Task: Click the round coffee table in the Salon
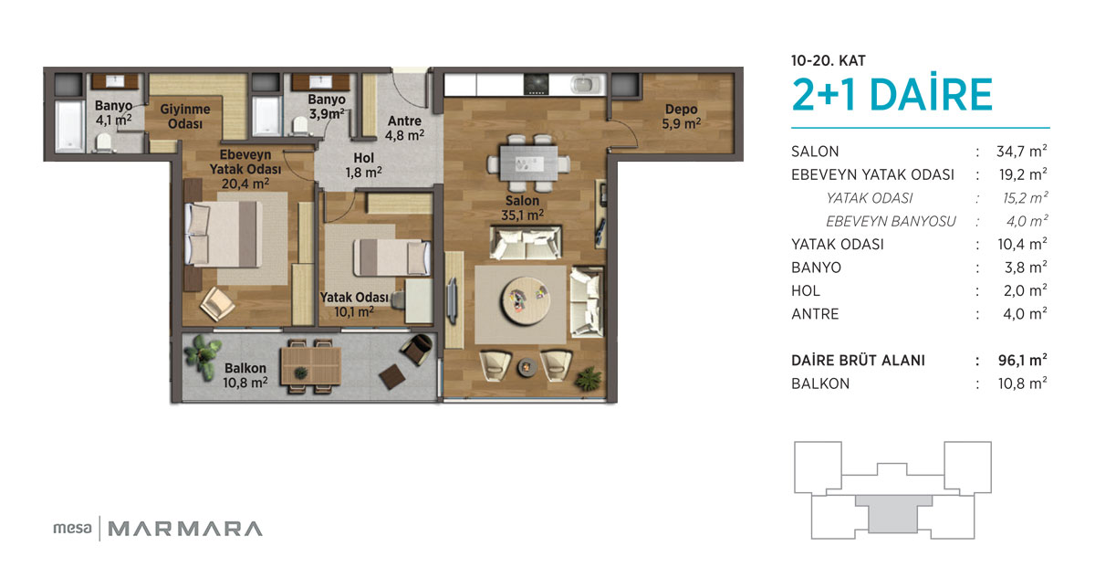pyautogui.click(x=526, y=300)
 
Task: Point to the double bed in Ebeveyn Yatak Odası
pyautogui.click(x=223, y=235)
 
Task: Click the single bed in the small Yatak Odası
pyautogui.click(x=391, y=257)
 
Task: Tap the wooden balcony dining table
pyautogui.click(x=311, y=366)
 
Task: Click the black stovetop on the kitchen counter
pyautogui.click(x=536, y=84)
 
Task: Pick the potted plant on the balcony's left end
pyautogui.click(x=203, y=355)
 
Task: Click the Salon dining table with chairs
pyautogui.click(x=528, y=163)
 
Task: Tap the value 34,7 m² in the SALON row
pyautogui.click(x=1022, y=152)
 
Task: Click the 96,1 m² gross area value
pyautogui.click(x=1022, y=360)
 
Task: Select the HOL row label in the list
pyautogui.click(x=806, y=290)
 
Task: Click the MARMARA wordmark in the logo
pyautogui.click(x=184, y=529)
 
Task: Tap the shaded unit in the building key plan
pyautogui.click(x=893, y=514)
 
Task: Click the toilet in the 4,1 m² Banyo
pyautogui.click(x=104, y=143)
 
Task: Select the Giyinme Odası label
pyautogui.click(x=184, y=117)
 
